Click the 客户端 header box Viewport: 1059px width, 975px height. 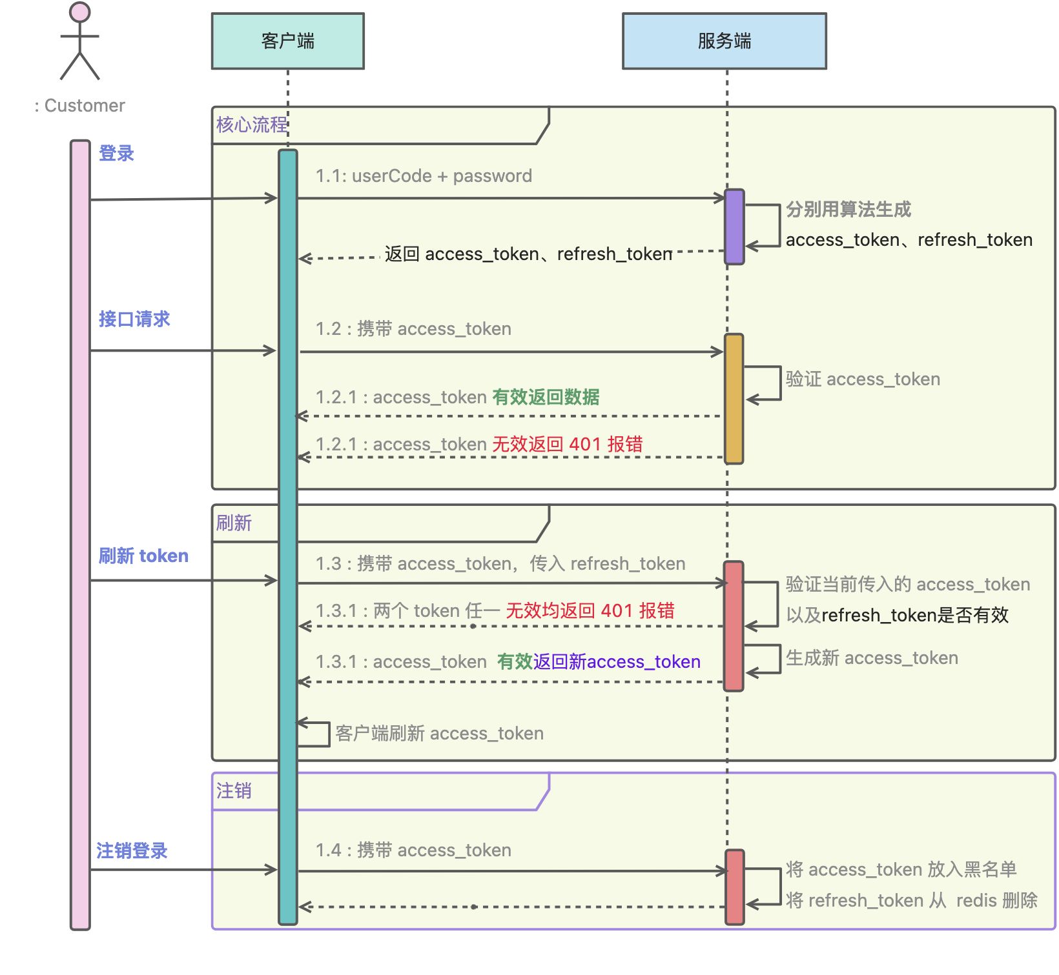[x=287, y=41]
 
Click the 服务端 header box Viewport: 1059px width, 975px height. [x=724, y=41]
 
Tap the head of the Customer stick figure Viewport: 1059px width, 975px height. [x=80, y=12]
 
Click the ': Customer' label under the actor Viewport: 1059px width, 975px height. [x=80, y=106]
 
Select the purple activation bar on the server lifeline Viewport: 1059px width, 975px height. [x=734, y=226]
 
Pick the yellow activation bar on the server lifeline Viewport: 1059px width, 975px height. [x=734, y=398]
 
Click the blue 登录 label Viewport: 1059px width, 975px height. [x=116, y=154]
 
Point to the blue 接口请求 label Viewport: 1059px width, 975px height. [x=134, y=319]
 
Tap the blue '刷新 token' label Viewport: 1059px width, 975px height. [x=143, y=556]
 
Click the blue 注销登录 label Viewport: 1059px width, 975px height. [x=132, y=850]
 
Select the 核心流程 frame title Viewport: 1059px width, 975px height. [x=252, y=125]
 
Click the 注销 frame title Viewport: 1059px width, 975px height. [x=234, y=790]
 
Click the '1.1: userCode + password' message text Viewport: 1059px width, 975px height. [x=424, y=176]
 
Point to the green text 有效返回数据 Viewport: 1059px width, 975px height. [x=546, y=397]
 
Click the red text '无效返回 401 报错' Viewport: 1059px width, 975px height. [x=567, y=444]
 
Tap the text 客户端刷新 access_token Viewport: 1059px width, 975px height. [x=439, y=734]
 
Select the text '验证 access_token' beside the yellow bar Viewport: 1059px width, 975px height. [x=862, y=379]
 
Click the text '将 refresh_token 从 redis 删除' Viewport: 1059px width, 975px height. [x=911, y=900]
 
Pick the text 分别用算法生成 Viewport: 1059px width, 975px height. [x=848, y=210]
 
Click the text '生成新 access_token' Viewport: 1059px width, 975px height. [x=871, y=658]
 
